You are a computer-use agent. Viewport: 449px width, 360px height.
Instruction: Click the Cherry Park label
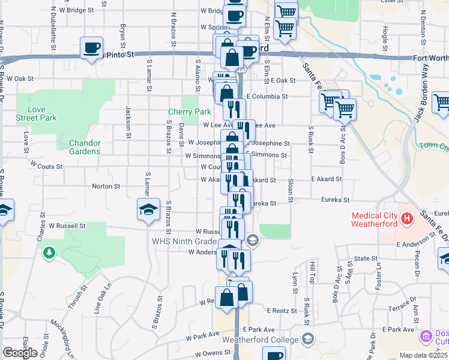click(189, 112)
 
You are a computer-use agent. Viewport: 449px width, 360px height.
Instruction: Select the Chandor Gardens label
click(85, 147)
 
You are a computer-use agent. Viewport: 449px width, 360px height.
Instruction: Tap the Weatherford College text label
click(260, 340)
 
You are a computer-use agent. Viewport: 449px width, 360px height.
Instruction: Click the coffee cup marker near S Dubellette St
click(91, 47)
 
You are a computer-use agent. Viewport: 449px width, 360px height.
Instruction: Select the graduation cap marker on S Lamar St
click(148, 209)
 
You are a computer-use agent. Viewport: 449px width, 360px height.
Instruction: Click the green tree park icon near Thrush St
click(49, 253)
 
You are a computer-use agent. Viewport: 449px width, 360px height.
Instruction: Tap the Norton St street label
click(106, 187)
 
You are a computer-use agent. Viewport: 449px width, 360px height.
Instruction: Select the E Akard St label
click(326, 179)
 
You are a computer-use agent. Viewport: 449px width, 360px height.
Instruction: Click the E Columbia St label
click(267, 96)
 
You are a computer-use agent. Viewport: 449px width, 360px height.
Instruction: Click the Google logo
click(20, 353)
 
